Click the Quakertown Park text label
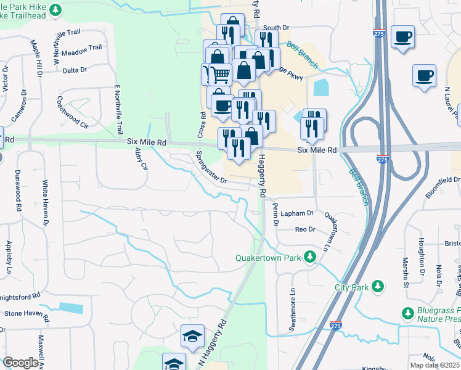click(x=270, y=258)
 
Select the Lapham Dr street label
click(x=297, y=213)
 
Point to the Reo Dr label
click(x=305, y=229)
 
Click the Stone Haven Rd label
click(x=27, y=313)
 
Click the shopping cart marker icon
click(x=221, y=75)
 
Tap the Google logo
click(x=20, y=363)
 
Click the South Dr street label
click(x=275, y=28)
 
